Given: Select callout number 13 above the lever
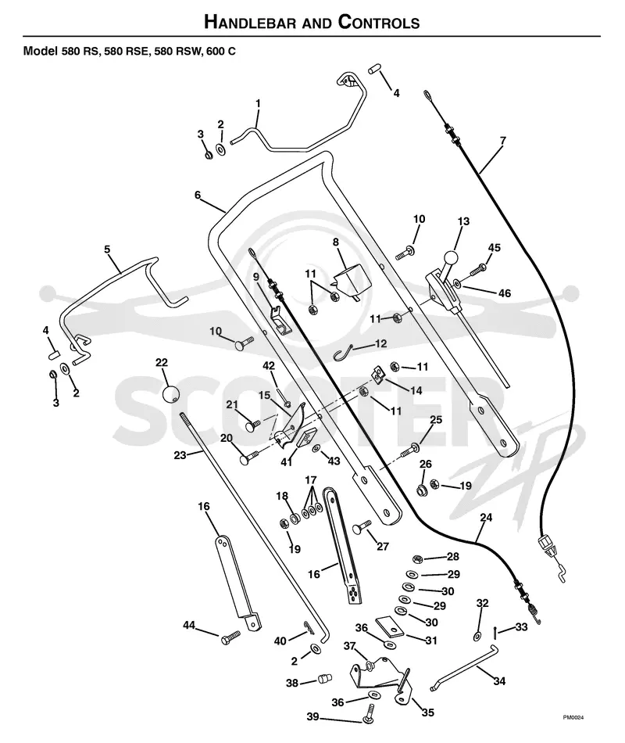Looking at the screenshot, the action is click(x=463, y=221).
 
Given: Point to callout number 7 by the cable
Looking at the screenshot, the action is click(x=502, y=141).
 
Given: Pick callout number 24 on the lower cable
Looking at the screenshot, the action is click(x=486, y=518).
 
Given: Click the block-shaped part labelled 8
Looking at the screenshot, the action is click(x=351, y=282).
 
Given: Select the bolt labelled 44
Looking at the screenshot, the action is click(x=230, y=639).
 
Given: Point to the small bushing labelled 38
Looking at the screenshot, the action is click(x=324, y=679).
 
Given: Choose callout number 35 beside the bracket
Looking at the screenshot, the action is click(x=427, y=712).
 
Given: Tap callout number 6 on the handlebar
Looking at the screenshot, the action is click(x=198, y=195).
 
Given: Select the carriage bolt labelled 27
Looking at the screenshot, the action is click(x=362, y=527).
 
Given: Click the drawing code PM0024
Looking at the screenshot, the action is click(x=573, y=717).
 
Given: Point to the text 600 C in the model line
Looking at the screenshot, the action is click(x=220, y=51).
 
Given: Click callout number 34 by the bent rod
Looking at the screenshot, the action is click(x=499, y=681).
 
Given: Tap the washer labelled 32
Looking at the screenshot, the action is click(x=477, y=635).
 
